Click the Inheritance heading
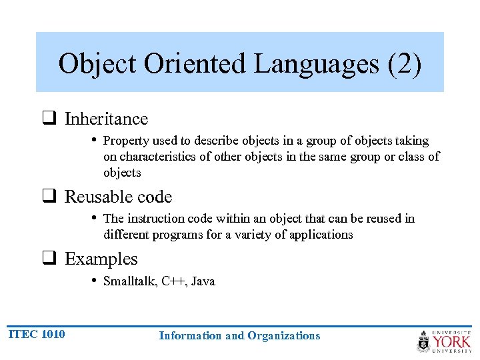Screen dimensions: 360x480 (x=106, y=119)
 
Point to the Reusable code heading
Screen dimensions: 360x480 (x=118, y=197)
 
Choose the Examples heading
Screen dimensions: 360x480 (x=101, y=259)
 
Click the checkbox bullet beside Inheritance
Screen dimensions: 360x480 (x=49, y=120)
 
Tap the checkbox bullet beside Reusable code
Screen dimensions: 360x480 (x=49, y=198)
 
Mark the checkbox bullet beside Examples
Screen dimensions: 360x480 (x=49, y=260)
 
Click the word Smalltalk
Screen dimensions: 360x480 (x=129, y=281)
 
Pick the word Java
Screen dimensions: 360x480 (x=203, y=281)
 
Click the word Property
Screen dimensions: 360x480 (x=125, y=141)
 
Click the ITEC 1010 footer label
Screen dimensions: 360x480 (x=37, y=334)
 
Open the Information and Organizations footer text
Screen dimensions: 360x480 (x=239, y=336)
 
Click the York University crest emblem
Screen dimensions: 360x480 (x=423, y=342)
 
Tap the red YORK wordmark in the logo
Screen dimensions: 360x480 (x=451, y=342)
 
